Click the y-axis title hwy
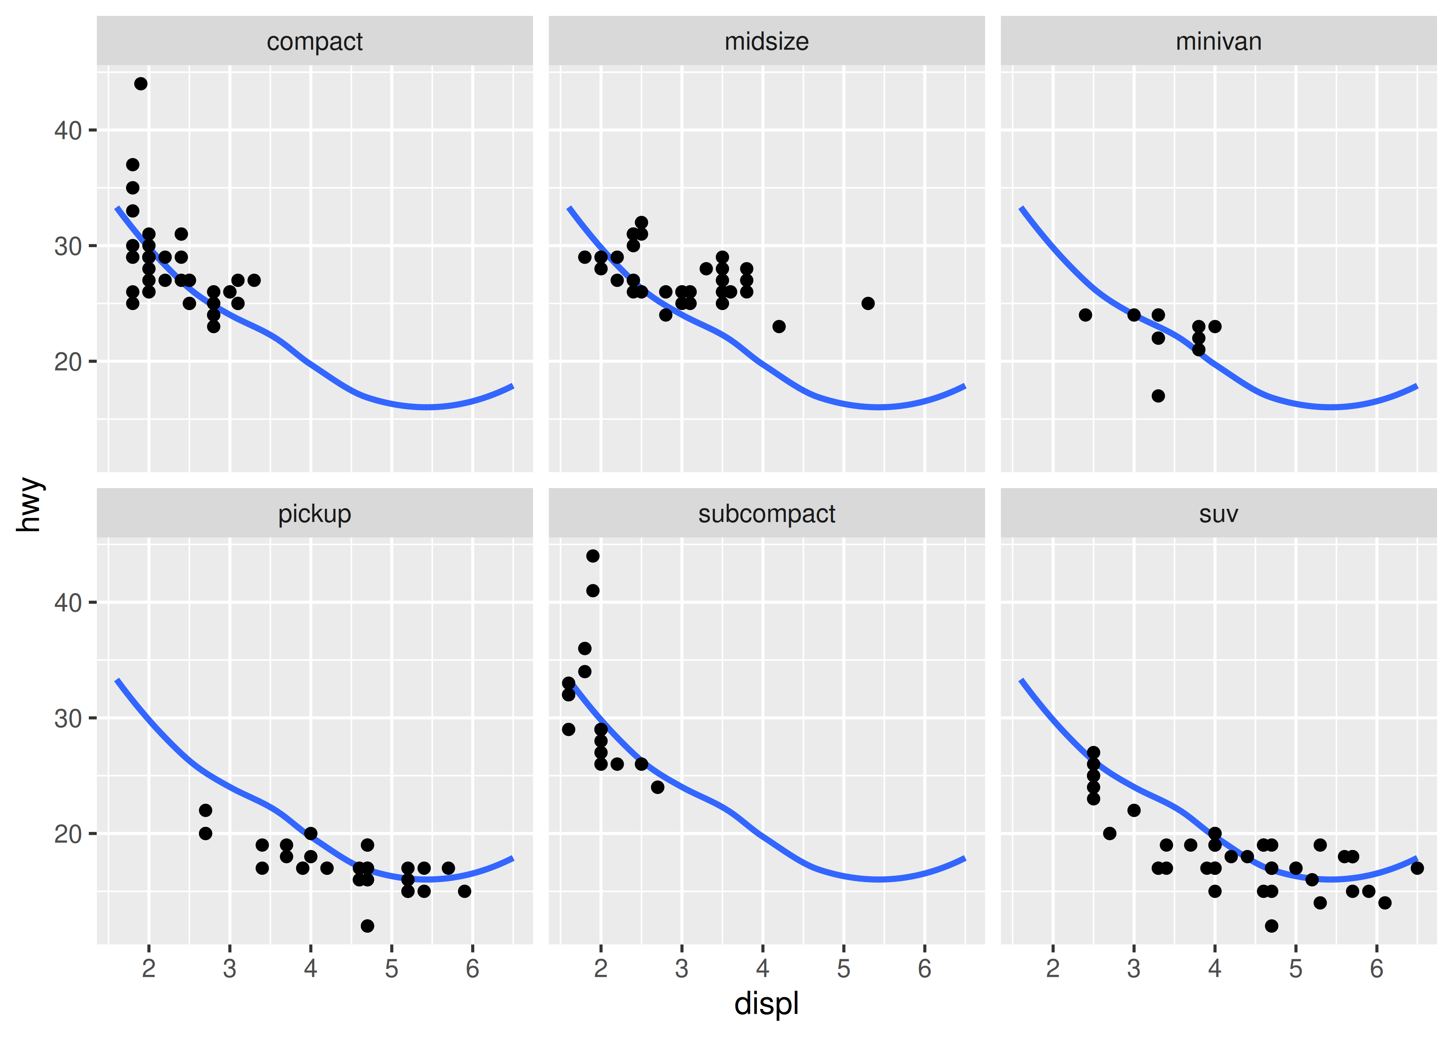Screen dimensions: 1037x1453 29,504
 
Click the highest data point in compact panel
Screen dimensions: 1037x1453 140,84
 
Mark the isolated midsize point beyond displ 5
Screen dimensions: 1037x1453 868,303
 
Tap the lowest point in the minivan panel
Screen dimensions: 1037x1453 1158,396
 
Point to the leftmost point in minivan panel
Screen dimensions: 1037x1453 1085,315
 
